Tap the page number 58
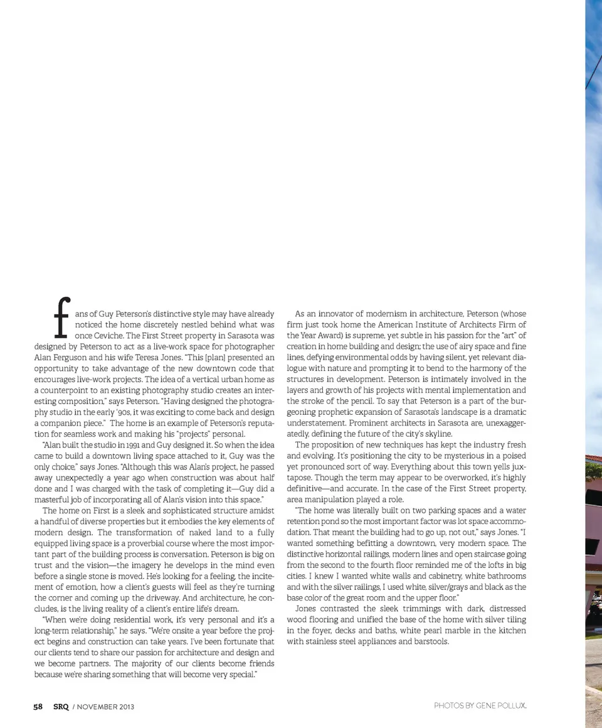(38, 707)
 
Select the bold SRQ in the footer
(61, 707)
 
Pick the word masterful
(55, 500)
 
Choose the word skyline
(438, 434)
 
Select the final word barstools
(431, 641)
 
